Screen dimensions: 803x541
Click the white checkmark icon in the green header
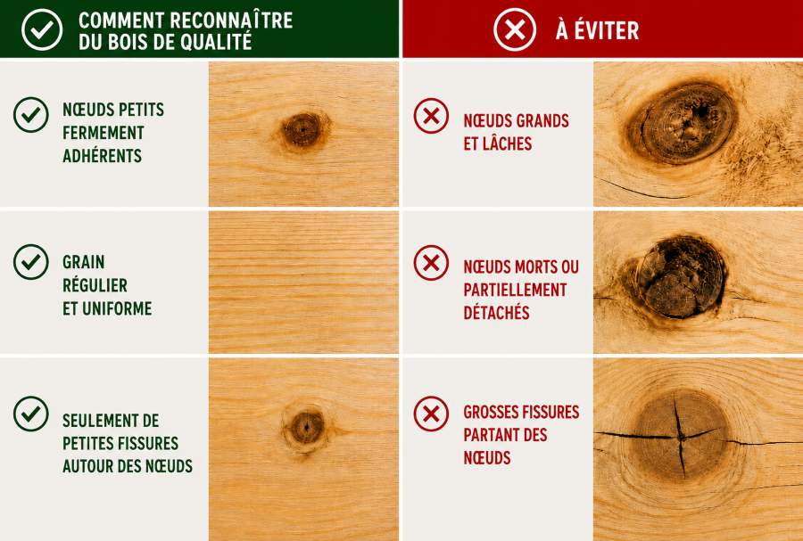[x=42, y=29]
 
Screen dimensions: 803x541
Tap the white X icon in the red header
[x=515, y=30]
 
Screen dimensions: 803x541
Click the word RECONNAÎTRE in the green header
[x=231, y=20]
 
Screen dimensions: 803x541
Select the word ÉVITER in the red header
[x=607, y=30]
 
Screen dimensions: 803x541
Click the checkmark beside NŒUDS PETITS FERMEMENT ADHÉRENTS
[x=30, y=115]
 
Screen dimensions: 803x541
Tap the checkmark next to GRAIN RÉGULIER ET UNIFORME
[x=30, y=262]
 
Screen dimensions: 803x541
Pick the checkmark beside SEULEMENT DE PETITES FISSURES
[x=30, y=414]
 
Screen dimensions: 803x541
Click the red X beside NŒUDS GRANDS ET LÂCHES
[x=431, y=116]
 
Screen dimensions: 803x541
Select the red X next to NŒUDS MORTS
[x=431, y=263]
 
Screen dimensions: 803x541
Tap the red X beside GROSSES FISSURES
[x=431, y=414]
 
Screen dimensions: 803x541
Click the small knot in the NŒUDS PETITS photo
[x=302, y=130]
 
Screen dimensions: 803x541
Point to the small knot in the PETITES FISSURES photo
[x=306, y=427]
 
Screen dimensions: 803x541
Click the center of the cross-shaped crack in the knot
[x=680, y=438]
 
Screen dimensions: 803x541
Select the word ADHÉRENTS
[x=102, y=155]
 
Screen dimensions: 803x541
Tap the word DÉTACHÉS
[x=496, y=313]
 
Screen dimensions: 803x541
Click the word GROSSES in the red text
[x=493, y=412]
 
